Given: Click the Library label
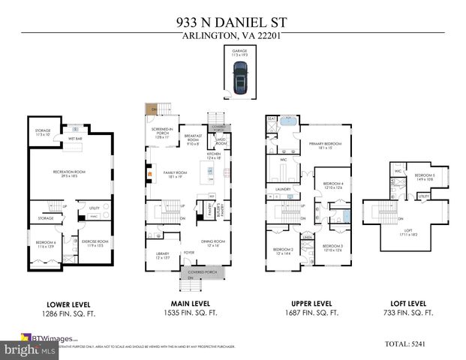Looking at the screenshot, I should click(x=163, y=256).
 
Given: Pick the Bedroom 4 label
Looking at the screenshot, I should click(x=333, y=185).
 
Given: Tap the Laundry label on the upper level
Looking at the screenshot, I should click(x=283, y=189).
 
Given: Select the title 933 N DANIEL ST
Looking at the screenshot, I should click(x=233, y=23).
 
